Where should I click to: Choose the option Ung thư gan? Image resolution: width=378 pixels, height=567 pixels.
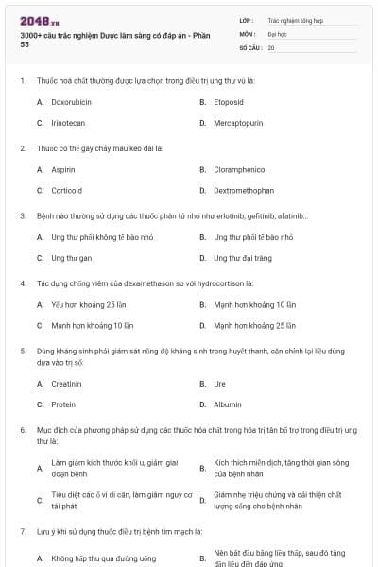coord(71,257)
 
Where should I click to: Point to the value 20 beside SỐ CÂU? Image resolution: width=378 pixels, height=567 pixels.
coord(271,46)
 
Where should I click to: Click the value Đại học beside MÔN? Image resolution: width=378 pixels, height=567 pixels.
coord(277,33)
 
